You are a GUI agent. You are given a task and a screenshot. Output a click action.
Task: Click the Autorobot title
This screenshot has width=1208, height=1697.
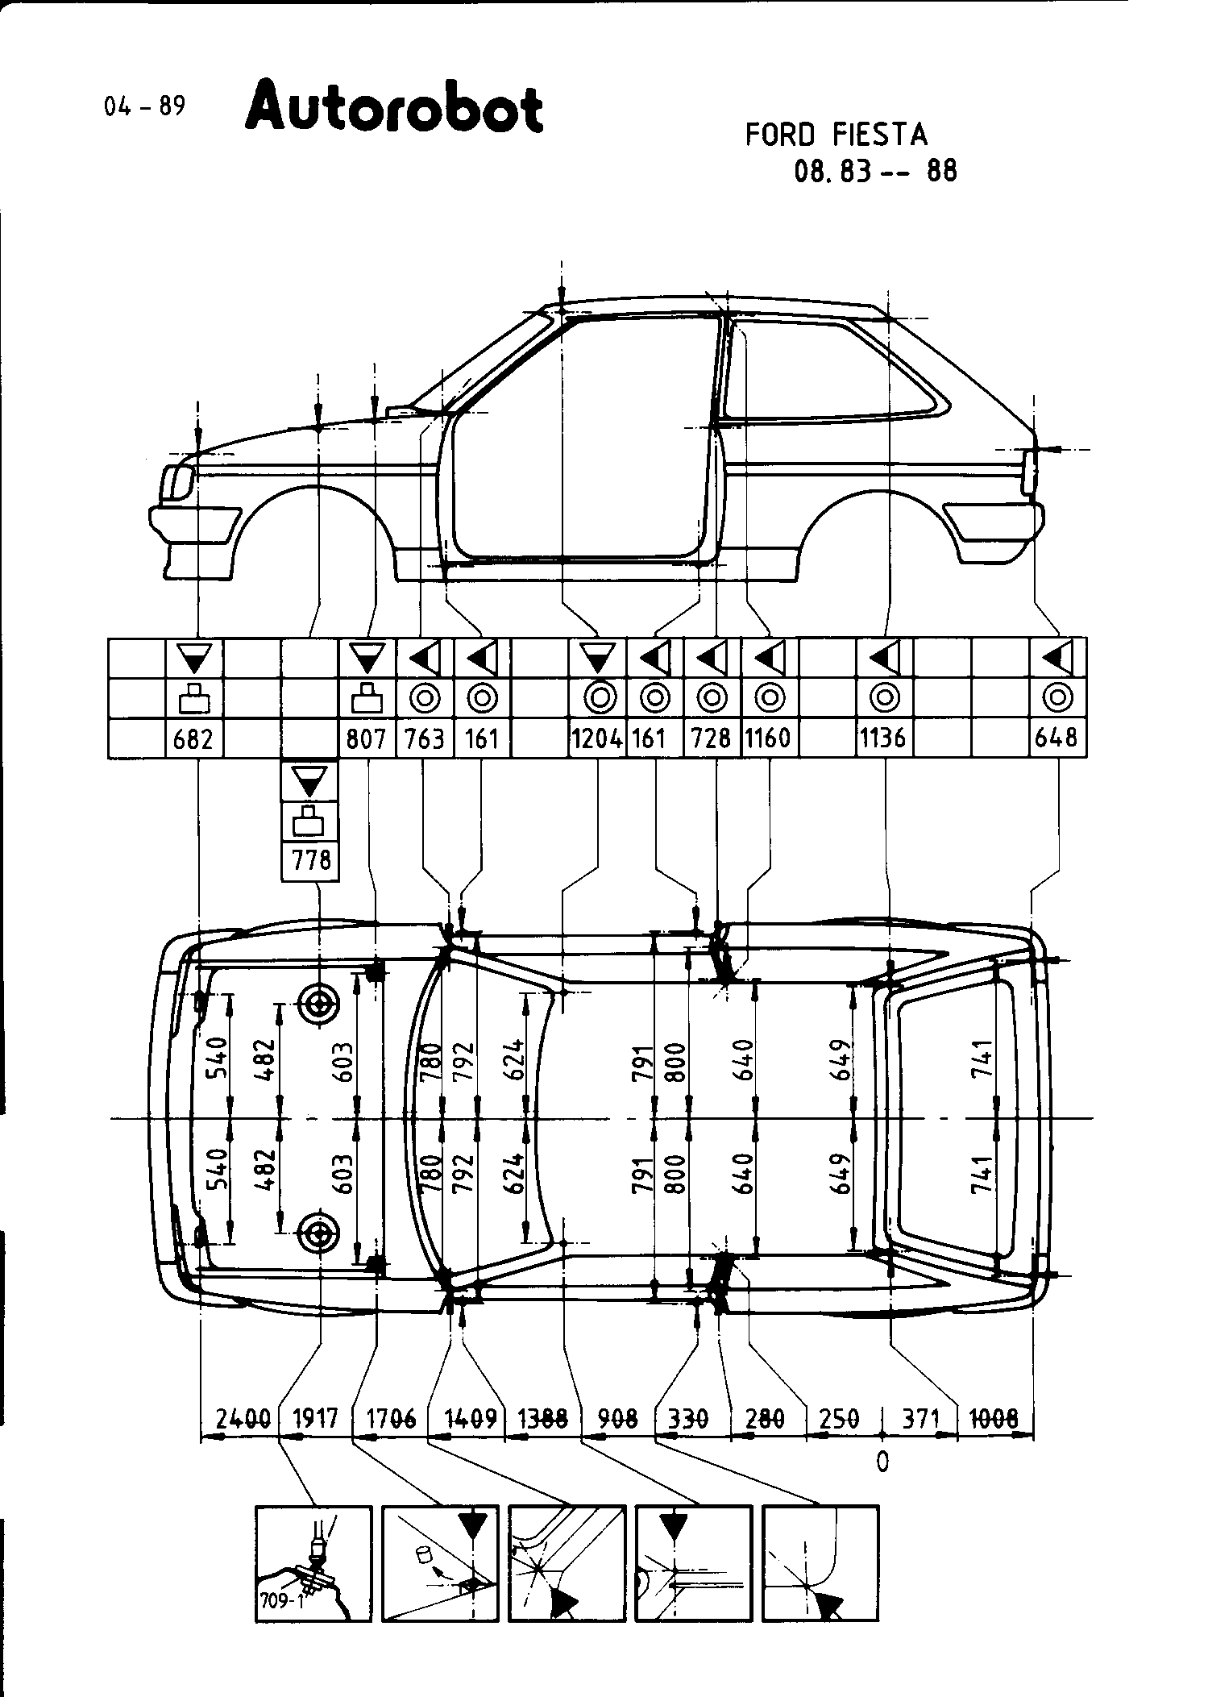[x=394, y=106]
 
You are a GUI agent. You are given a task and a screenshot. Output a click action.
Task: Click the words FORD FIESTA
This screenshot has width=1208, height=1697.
[x=836, y=135]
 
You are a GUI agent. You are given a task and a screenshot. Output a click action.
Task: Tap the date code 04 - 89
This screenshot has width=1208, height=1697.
[x=144, y=106]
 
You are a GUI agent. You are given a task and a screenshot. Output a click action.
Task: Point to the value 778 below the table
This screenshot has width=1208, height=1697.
[x=310, y=861]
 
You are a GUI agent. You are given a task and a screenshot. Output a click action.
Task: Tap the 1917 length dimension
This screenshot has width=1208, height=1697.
[x=315, y=1417]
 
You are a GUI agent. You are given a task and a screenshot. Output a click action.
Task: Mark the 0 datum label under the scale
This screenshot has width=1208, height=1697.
[x=882, y=1462]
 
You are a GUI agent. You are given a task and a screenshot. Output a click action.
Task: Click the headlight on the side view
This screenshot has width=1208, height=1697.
[x=178, y=481]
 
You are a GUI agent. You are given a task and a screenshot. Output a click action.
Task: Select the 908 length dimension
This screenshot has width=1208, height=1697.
[x=618, y=1417]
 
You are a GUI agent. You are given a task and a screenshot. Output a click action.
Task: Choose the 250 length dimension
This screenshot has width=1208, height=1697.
[x=839, y=1417]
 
